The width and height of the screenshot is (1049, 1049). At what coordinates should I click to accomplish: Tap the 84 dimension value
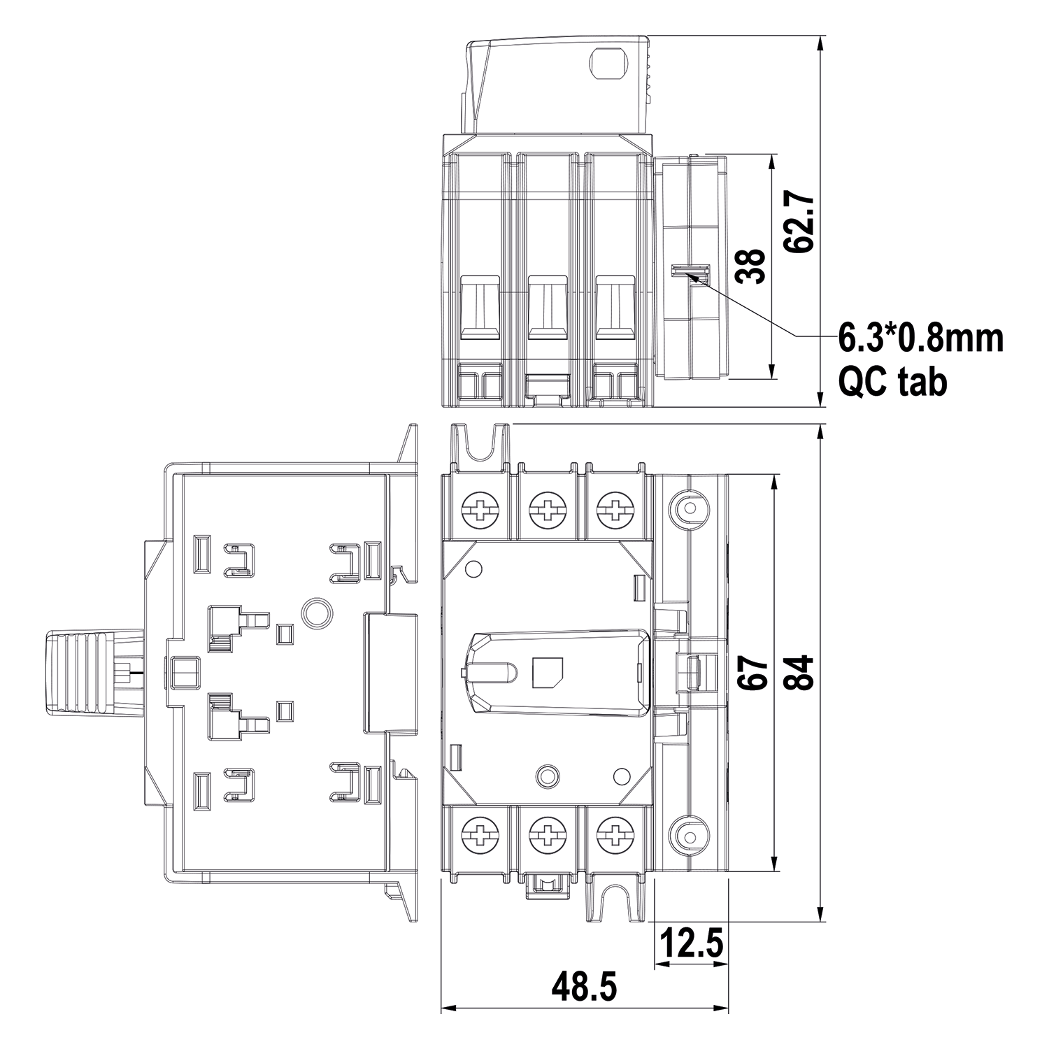coord(799,672)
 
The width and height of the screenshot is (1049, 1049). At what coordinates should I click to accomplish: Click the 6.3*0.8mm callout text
coord(921,338)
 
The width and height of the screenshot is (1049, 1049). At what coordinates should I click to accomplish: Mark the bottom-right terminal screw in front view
coord(615,834)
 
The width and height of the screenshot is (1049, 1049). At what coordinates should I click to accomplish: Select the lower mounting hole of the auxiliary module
coord(687,834)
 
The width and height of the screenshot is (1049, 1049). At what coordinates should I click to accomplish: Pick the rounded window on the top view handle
coord(610,64)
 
